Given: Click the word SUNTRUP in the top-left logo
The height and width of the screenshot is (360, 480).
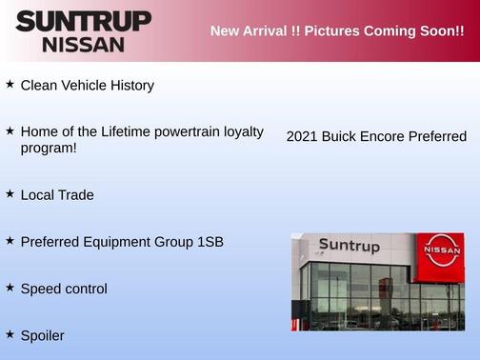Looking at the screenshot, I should tap(83, 21).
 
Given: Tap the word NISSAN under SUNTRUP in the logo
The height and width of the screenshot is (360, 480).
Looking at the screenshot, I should tap(83, 44).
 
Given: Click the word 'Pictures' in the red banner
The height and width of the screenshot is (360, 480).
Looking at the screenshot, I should tap(328, 31).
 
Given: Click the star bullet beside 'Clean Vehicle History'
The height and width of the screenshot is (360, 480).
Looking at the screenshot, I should tap(10, 85).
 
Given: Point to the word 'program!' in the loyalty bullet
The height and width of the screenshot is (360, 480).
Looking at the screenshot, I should tap(49, 148).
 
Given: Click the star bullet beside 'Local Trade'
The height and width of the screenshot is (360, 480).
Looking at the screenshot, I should tap(10, 193).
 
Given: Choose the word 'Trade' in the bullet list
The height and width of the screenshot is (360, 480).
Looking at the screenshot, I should tap(75, 194).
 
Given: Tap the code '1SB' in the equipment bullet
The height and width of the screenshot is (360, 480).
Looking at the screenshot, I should tap(210, 242).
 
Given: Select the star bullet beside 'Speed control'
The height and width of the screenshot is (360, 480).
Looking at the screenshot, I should tap(10, 287).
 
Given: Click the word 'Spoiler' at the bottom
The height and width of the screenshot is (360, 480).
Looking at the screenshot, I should tap(42, 335).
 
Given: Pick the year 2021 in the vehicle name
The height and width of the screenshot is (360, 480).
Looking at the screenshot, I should tap(302, 137).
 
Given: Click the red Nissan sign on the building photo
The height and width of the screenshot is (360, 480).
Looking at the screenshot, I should tap(441, 251).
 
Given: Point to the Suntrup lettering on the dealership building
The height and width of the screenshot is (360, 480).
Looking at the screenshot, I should tap(349, 246).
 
